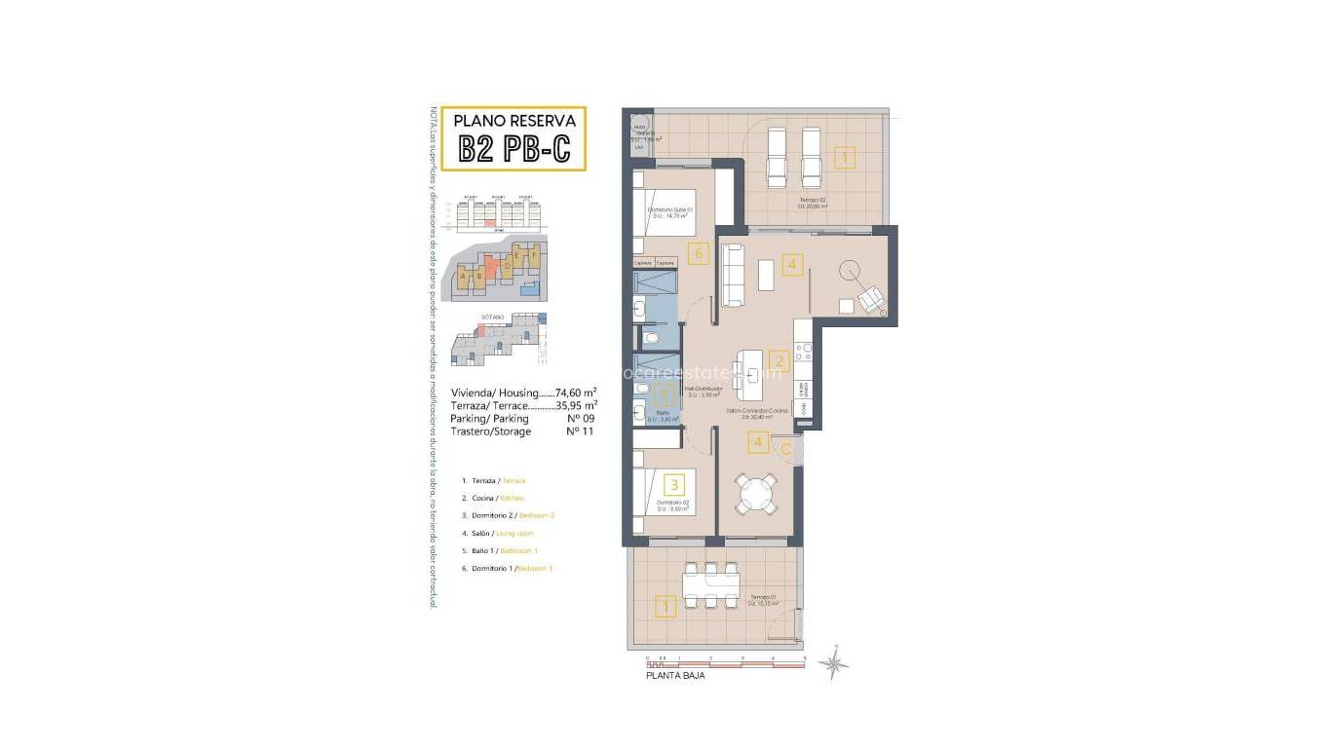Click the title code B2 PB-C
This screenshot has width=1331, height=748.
513,151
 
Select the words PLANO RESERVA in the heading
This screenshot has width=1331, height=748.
513,121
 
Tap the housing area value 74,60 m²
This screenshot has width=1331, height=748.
575,393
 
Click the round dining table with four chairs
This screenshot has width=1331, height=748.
757,493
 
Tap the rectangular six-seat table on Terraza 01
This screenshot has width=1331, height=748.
711,585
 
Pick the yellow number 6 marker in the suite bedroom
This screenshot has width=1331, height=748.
696,254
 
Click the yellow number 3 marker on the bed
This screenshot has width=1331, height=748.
672,483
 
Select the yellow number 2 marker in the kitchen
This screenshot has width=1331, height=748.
777,360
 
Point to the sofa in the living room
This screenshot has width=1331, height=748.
733,275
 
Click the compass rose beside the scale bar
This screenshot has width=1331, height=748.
833,663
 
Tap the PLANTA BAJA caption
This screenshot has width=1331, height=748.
675,675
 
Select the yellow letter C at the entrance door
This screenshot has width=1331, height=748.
785,448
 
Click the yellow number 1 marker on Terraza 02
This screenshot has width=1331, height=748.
844,157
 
